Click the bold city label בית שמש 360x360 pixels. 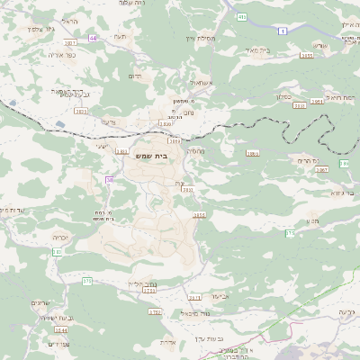(x=153, y=156)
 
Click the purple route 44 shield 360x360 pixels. (x=94, y=39)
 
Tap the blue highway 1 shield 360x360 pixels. (x=283, y=31)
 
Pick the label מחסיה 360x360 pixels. (x=195, y=150)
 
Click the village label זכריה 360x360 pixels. (x=60, y=238)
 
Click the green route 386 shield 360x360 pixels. (x=344, y=164)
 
